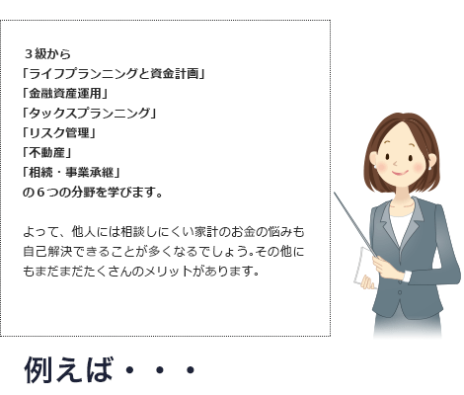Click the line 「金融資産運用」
[x=65, y=94]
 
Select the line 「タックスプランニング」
[x=89, y=114]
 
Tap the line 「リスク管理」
[x=59, y=133]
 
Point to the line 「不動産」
[x=46, y=153]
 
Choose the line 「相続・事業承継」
[x=71, y=173]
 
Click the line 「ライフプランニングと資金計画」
[x=114, y=74]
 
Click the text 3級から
[x=47, y=54]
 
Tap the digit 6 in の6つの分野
[x=40, y=193]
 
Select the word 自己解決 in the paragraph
[x=47, y=252]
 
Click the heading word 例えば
[x=68, y=370]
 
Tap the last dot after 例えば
[x=191, y=370]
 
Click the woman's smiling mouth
[x=400, y=173]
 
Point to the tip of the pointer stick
[x=335, y=193]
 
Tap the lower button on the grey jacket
[x=400, y=292]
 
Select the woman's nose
[x=396, y=163]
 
